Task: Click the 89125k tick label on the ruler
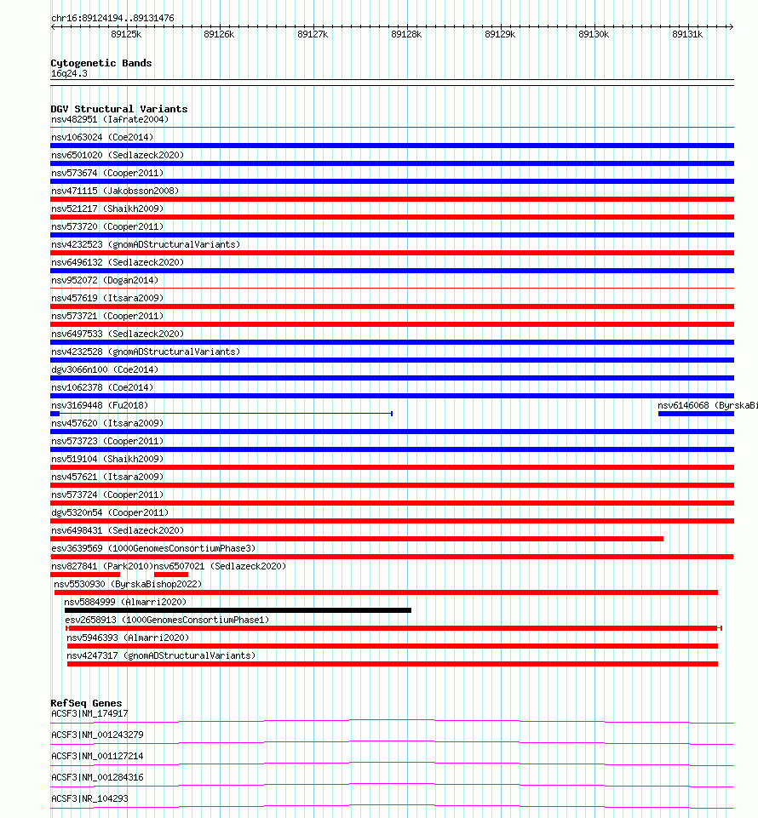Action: [126, 35]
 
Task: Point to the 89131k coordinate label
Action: [687, 35]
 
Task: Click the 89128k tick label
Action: [406, 35]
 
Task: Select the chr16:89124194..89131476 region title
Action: [112, 18]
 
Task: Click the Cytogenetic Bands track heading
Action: [101, 63]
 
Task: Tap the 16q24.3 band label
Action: [69, 73]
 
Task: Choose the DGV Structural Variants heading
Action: [119, 109]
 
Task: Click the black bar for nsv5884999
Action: [238, 610]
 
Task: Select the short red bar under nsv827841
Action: [84, 575]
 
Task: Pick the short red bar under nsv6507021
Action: [170, 575]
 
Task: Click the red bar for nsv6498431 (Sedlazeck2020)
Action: [357, 539]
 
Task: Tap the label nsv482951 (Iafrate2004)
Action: [110, 119]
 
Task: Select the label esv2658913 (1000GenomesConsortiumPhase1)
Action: [167, 620]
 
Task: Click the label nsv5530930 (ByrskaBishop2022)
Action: [128, 584]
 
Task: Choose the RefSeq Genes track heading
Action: [86, 704]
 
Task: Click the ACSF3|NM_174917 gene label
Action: [89, 714]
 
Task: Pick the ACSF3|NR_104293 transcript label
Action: [89, 799]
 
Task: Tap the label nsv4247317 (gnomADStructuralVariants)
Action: [161, 655]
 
